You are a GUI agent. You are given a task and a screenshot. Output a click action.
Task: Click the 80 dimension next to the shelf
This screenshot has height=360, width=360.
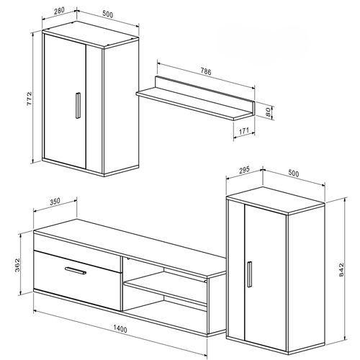click(x=267, y=112)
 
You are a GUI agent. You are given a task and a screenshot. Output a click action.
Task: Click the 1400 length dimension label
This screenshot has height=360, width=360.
click(x=121, y=330)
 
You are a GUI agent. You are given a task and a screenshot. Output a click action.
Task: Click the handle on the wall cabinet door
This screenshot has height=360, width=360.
click(x=76, y=105)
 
